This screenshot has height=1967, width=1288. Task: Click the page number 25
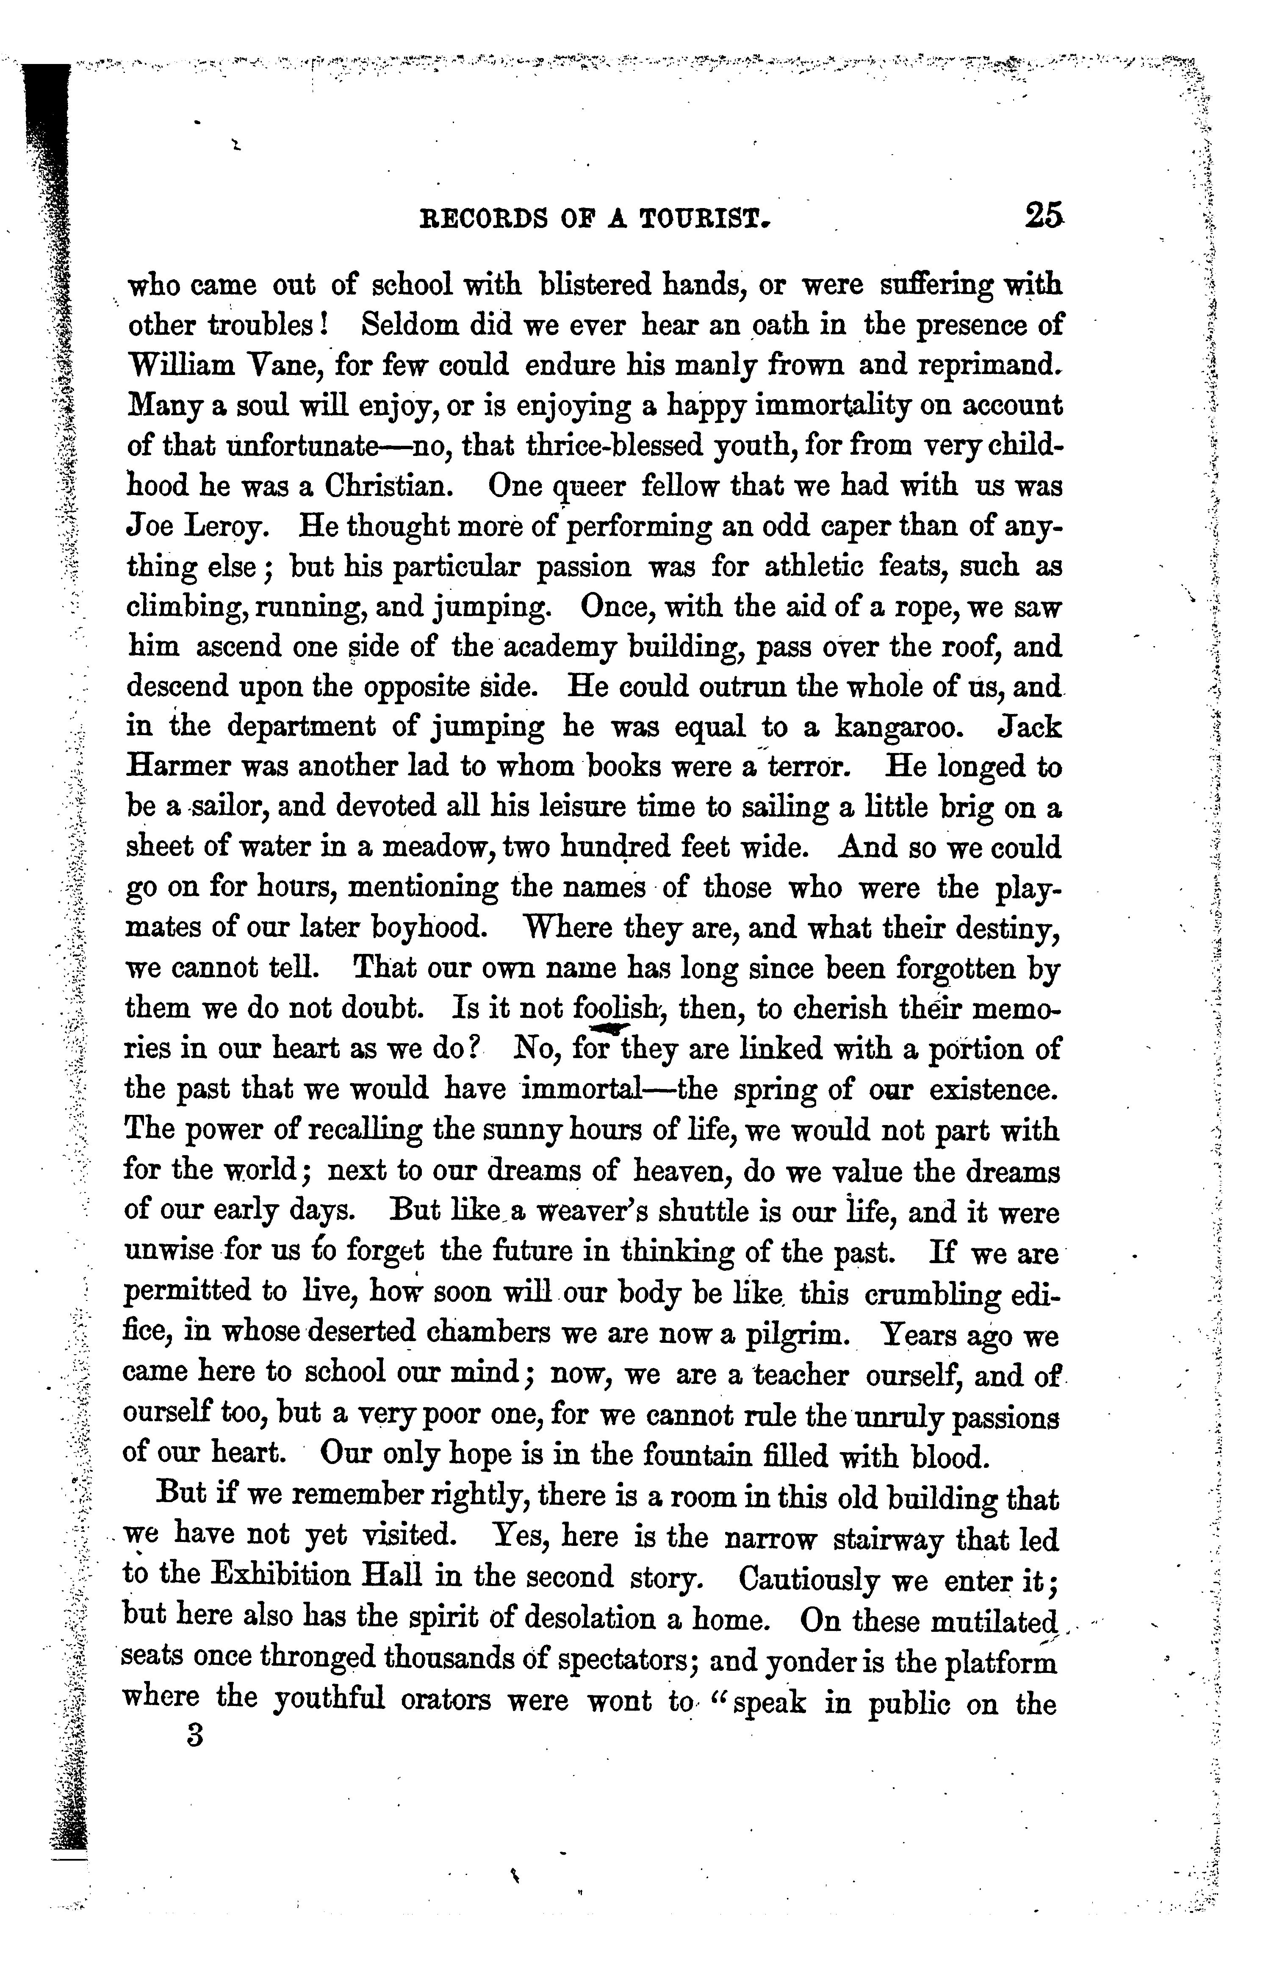(1044, 217)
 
